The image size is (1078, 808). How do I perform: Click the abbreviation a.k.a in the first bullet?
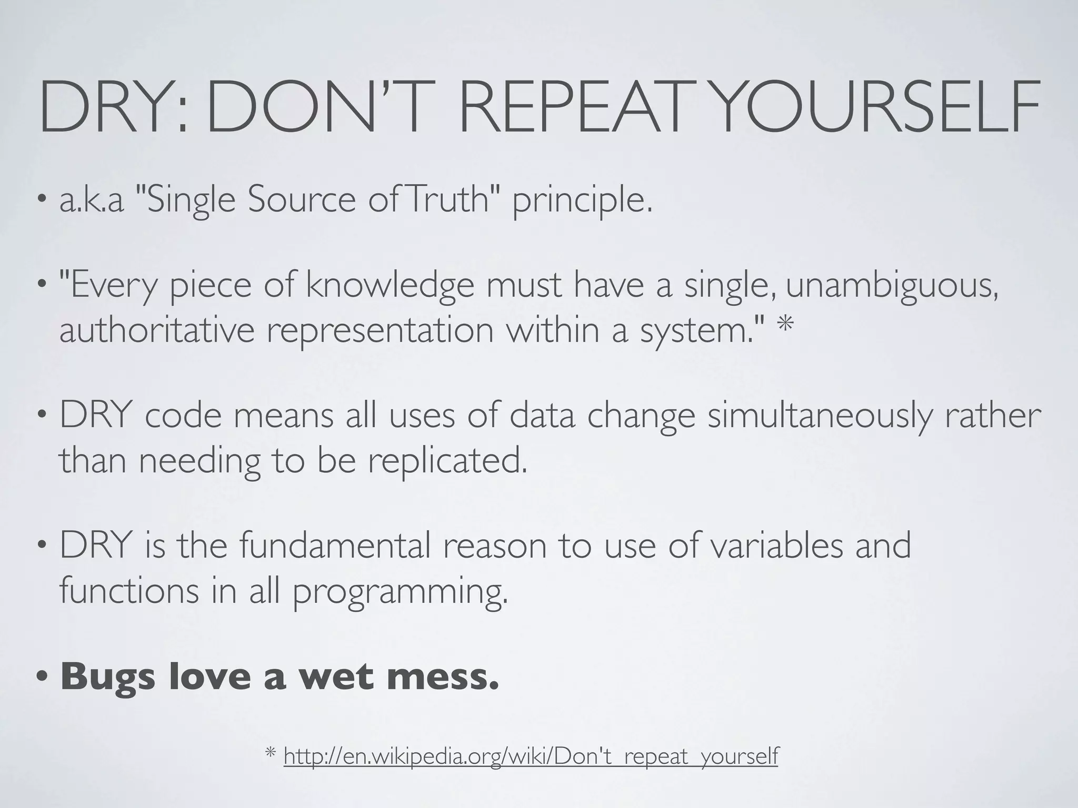click(x=91, y=201)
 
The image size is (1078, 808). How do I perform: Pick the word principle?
click(x=582, y=203)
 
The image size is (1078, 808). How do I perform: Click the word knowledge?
click(x=390, y=287)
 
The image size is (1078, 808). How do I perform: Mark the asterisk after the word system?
click(x=785, y=326)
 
